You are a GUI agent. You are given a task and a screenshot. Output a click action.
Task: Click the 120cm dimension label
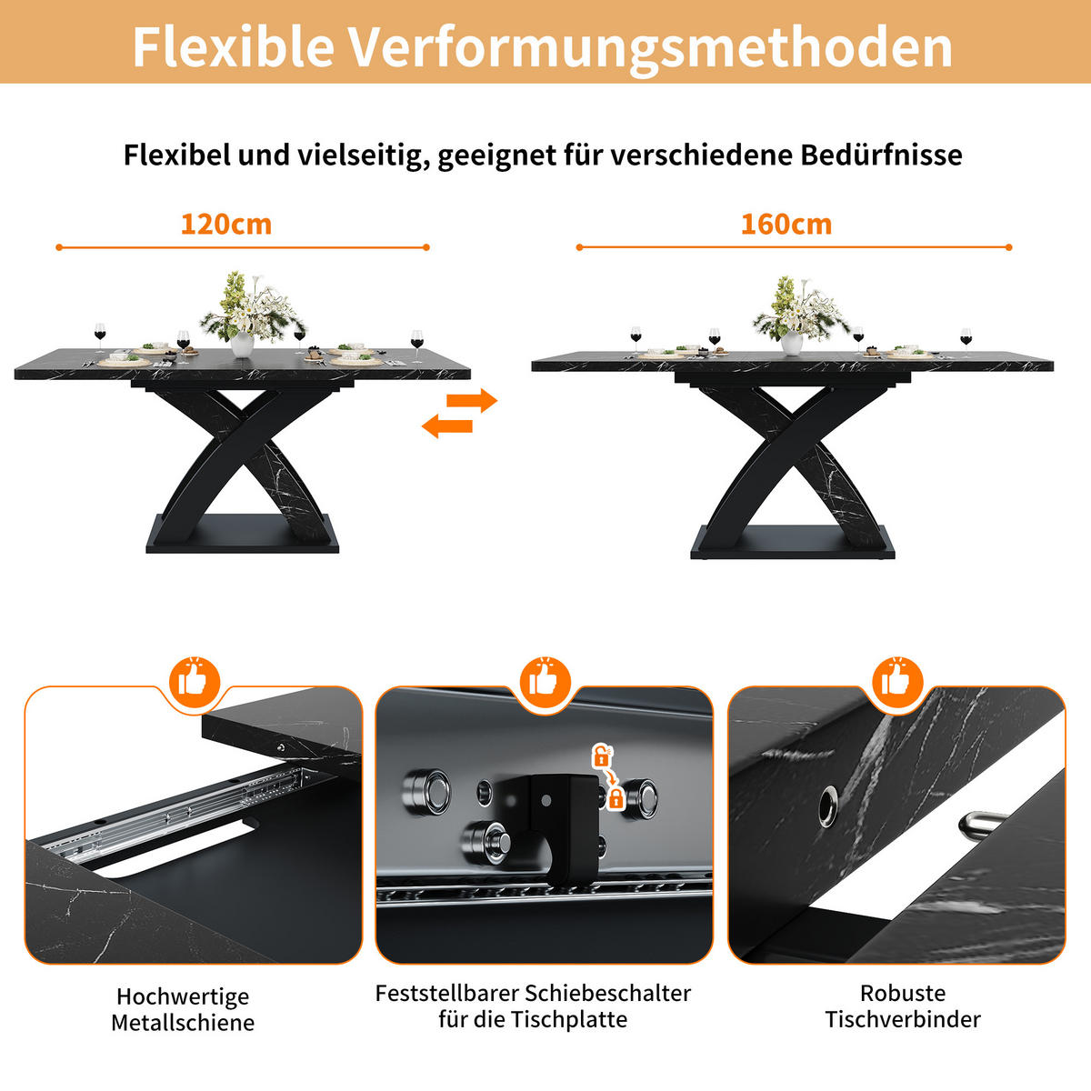pos(225,225)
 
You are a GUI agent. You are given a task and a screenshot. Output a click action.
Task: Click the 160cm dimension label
pos(786,225)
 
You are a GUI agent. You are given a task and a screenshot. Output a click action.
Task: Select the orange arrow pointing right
pos(472,400)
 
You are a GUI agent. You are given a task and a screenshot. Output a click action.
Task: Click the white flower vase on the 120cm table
pos(242,344)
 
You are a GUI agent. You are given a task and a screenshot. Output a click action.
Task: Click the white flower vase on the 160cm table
pos(792,343)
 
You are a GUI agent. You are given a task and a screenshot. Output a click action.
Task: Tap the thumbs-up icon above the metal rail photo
pos(193,680)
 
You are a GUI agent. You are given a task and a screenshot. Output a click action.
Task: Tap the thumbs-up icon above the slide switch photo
pos(545,680)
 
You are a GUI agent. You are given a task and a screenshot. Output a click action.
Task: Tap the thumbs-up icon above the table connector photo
pos(896,680)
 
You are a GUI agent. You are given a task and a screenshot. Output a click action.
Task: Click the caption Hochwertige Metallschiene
pos(183,1009)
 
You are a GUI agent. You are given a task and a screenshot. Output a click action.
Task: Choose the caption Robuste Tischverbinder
pos(903,1006)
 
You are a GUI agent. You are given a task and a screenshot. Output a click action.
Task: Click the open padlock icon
pos(601,756)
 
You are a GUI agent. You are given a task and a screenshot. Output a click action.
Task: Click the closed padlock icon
pos(616,798)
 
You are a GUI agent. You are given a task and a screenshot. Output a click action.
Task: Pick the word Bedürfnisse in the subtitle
pos(881,155)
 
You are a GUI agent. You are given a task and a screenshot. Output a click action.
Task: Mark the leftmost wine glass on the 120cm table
pos(100,333)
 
